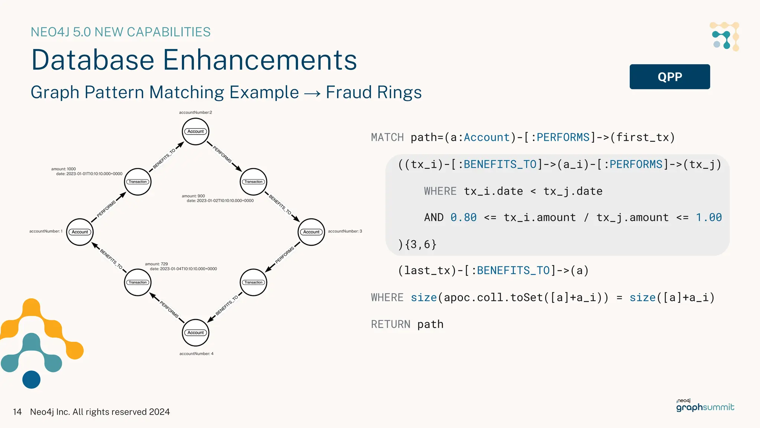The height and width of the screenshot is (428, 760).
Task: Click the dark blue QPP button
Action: [x=669, y=77]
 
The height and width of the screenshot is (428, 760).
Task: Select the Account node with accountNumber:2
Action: [x=196, y=132]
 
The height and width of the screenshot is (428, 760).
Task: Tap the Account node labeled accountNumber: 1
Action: [x=80, y=232]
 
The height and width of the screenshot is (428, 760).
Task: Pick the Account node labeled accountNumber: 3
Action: [x=311, y=232]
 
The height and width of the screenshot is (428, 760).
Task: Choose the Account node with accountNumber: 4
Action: [x=196, y=333]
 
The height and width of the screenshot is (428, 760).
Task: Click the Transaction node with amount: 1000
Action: [x=138, y=182]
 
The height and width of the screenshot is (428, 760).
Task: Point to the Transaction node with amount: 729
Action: [x=138, y=282]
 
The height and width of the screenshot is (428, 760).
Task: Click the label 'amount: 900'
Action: [x=193, y=196]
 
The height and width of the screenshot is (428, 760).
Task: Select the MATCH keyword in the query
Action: [x=387, y=137]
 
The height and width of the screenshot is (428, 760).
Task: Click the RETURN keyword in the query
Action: [x=390, y=324]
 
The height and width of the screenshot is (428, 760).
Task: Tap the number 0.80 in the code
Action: [x=463, y=217]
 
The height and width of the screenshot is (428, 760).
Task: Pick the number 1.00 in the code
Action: [x=708, y=217]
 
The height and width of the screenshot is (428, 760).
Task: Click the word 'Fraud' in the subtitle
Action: [x=348, y=92]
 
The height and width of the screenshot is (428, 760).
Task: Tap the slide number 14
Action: [x=17, y=412]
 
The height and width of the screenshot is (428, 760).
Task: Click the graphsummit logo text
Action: [x=705, y=408]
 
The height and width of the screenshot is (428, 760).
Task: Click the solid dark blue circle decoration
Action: [x=32, y=379]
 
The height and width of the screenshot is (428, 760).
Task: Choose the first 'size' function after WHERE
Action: [x=423, y=298]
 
